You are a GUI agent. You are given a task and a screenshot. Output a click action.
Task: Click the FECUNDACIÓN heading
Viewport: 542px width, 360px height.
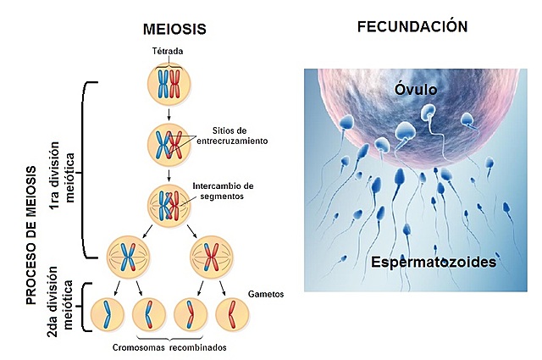tap(412, 26)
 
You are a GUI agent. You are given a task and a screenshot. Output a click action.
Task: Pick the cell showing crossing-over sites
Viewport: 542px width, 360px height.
tap(169, 143)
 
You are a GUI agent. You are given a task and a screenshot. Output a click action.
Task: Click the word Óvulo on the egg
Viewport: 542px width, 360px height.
tap(413, 89)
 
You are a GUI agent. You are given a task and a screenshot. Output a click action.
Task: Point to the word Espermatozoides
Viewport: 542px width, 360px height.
tap(434, 263)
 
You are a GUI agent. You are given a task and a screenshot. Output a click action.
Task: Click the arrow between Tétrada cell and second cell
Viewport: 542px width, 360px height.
tap(169, 113)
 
